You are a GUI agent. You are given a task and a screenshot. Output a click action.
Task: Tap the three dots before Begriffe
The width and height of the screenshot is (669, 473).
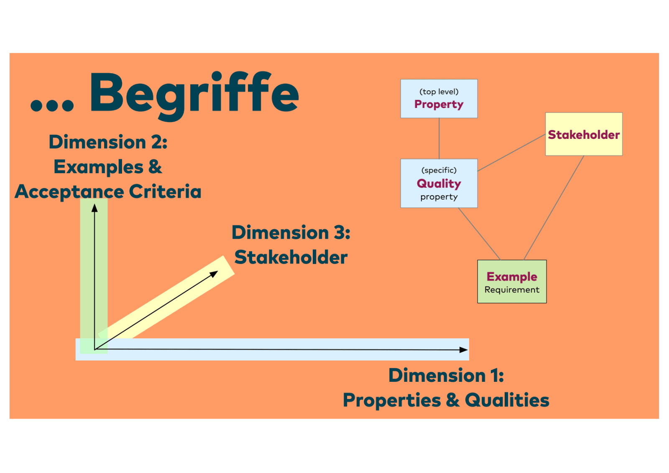tap(52, 105)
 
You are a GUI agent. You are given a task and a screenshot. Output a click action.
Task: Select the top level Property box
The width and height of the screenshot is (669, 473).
tap(439, 99)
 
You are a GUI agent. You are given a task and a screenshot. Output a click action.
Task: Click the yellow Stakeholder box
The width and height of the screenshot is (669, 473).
tap(584, 134)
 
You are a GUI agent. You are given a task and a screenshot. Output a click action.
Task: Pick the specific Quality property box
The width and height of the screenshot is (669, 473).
tap(439, 183)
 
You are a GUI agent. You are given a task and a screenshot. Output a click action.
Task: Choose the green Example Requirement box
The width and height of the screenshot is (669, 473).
tap(512, 281)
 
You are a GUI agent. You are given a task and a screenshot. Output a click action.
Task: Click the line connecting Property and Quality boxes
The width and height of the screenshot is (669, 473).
tap(439, 138)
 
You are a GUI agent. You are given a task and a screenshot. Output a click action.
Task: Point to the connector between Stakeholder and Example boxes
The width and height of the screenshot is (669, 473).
tap(554, 208)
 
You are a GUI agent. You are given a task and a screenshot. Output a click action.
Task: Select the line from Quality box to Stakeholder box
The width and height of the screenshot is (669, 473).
tap(511, 153)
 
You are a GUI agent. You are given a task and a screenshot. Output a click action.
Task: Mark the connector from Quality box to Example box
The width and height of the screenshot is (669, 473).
tap(479, 234)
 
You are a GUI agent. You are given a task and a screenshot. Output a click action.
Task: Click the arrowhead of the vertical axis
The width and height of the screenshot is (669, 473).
tap(94, 208)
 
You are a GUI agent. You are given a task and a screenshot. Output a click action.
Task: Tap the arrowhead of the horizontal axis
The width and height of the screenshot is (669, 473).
tap(463, 350)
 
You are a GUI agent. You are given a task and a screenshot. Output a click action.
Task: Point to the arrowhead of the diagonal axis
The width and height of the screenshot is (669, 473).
tap(214, 274)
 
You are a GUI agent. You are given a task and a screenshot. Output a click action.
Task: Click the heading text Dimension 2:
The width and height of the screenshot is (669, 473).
tap(108, 142)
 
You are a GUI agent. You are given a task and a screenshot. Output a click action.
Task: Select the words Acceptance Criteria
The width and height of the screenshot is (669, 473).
tap(108, 192)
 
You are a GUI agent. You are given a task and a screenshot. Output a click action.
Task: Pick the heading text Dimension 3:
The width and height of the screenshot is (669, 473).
tap(291, 233)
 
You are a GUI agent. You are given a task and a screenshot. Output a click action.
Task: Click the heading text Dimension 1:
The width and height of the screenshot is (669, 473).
tap(446, 375)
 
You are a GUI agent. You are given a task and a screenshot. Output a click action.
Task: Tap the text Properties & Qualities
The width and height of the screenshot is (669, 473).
tap(446, 400)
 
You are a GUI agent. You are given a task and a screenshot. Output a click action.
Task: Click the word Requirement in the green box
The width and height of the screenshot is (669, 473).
tap(512, 290)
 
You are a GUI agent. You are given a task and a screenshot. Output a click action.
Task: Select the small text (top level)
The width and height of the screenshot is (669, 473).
tap(439, 92)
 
